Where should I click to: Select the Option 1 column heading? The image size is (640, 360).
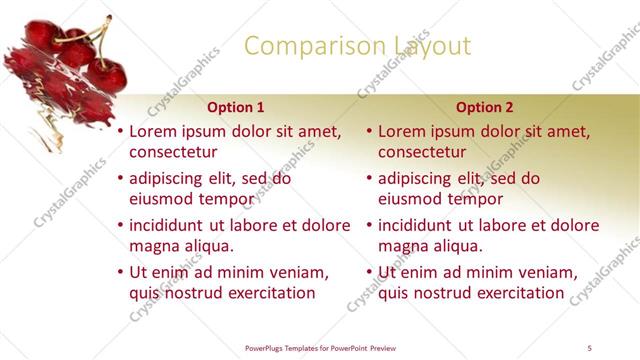coord(236,107)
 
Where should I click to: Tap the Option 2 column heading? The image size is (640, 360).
coord(484,107)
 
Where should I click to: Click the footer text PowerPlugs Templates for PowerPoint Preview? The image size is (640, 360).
coord(320,347)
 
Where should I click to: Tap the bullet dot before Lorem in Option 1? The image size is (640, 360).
coord(121,131)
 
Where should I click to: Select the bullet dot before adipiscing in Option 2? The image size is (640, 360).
coord(370,178)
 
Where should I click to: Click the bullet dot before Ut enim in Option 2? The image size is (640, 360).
coord(370,272)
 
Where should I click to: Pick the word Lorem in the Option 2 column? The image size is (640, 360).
coord(405,131)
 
